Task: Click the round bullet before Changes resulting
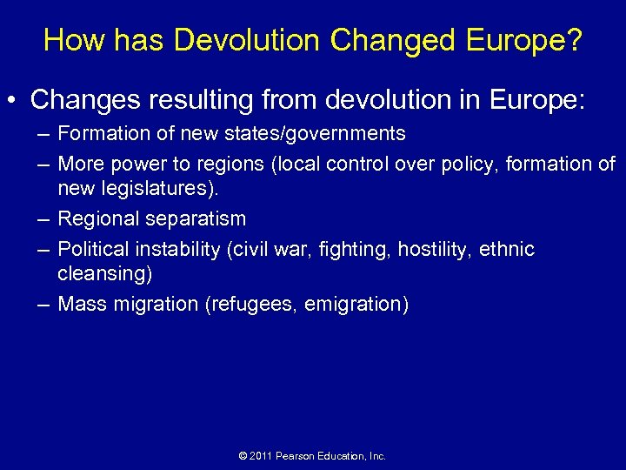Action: tap(17, 100)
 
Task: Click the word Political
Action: tap(92, 250)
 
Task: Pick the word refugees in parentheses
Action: tap(256, 304)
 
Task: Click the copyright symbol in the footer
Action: tap(243, 456)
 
